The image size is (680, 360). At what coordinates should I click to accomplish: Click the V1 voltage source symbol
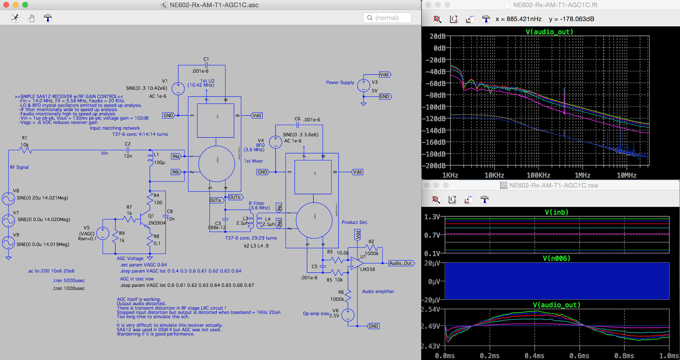coord(178,88)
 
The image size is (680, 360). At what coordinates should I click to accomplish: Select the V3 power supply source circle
coord(363,85)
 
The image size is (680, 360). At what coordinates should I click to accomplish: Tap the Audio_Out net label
coord(401,263)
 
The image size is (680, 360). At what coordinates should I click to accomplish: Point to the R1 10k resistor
coord(25,149)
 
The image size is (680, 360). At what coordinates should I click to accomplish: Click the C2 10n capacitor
coord(127,150)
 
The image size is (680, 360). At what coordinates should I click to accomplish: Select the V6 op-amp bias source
coord(348,315)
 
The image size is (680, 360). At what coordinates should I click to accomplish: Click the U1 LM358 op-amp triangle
coord(356,263)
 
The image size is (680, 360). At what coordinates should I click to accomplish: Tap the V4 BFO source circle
coord(275,142)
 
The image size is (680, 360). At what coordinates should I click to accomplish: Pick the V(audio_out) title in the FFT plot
coord(549,32)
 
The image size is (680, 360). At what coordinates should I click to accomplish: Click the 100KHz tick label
coord(538,175)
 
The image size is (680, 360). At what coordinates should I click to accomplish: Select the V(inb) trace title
coord(556,212)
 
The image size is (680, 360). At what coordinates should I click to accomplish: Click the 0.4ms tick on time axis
coord(534,356)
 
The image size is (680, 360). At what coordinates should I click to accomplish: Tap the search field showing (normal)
coord(387,18)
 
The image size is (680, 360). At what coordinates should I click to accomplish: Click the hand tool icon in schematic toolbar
coord(31,18)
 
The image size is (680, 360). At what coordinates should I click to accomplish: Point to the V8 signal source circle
coord(8,198)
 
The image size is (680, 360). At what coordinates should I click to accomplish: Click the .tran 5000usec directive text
coord(68,281)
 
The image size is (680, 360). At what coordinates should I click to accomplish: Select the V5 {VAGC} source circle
coord(103,233)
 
